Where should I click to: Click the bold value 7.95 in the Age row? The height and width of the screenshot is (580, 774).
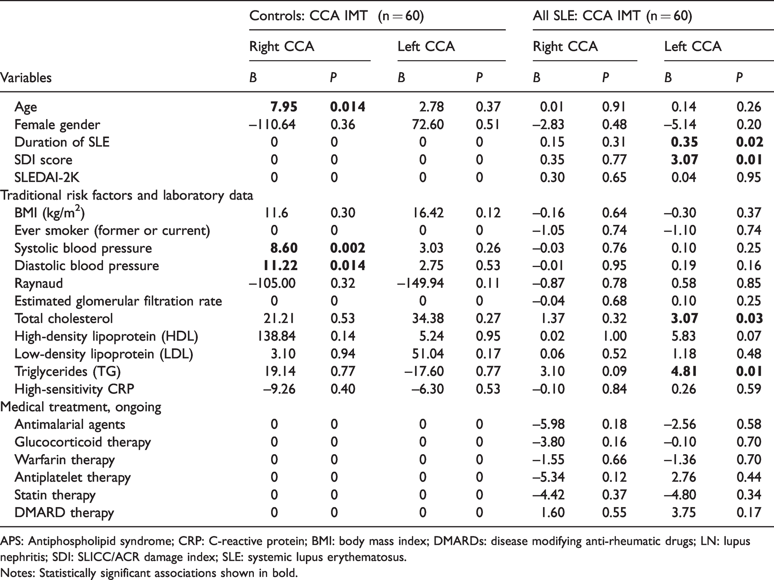point(284,107)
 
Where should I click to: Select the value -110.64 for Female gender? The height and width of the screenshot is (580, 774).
point(272,124)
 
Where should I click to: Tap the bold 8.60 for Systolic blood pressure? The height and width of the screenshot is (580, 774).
point(284,248)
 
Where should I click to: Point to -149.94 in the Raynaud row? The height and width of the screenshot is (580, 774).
point(420,283)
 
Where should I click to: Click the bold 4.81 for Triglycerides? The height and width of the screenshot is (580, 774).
point(684,371)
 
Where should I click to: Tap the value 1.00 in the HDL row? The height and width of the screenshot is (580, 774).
point(615,336)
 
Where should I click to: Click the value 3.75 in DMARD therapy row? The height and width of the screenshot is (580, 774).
point(684,512)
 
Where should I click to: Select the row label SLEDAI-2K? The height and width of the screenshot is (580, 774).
point(47,177)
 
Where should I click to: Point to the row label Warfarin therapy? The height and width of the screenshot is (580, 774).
point(64,459)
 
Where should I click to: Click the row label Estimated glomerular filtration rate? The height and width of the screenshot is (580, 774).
point(118,301)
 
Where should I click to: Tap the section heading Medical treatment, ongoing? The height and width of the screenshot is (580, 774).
point(81,407)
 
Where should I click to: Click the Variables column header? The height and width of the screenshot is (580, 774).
point(26,77)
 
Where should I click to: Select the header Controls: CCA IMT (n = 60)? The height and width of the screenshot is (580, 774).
point(336,16)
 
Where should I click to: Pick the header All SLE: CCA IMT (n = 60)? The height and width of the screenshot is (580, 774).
point(612,16)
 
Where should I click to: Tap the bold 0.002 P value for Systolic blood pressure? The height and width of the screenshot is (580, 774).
point(348,248)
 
